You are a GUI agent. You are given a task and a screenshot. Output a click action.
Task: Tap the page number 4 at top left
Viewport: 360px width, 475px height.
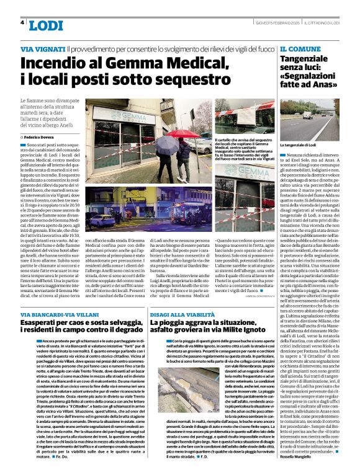(22, 22)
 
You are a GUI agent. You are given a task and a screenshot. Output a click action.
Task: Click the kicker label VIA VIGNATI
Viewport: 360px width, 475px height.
(42, 48)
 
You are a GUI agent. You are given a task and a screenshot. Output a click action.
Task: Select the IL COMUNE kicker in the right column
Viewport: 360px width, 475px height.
(300, 48)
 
